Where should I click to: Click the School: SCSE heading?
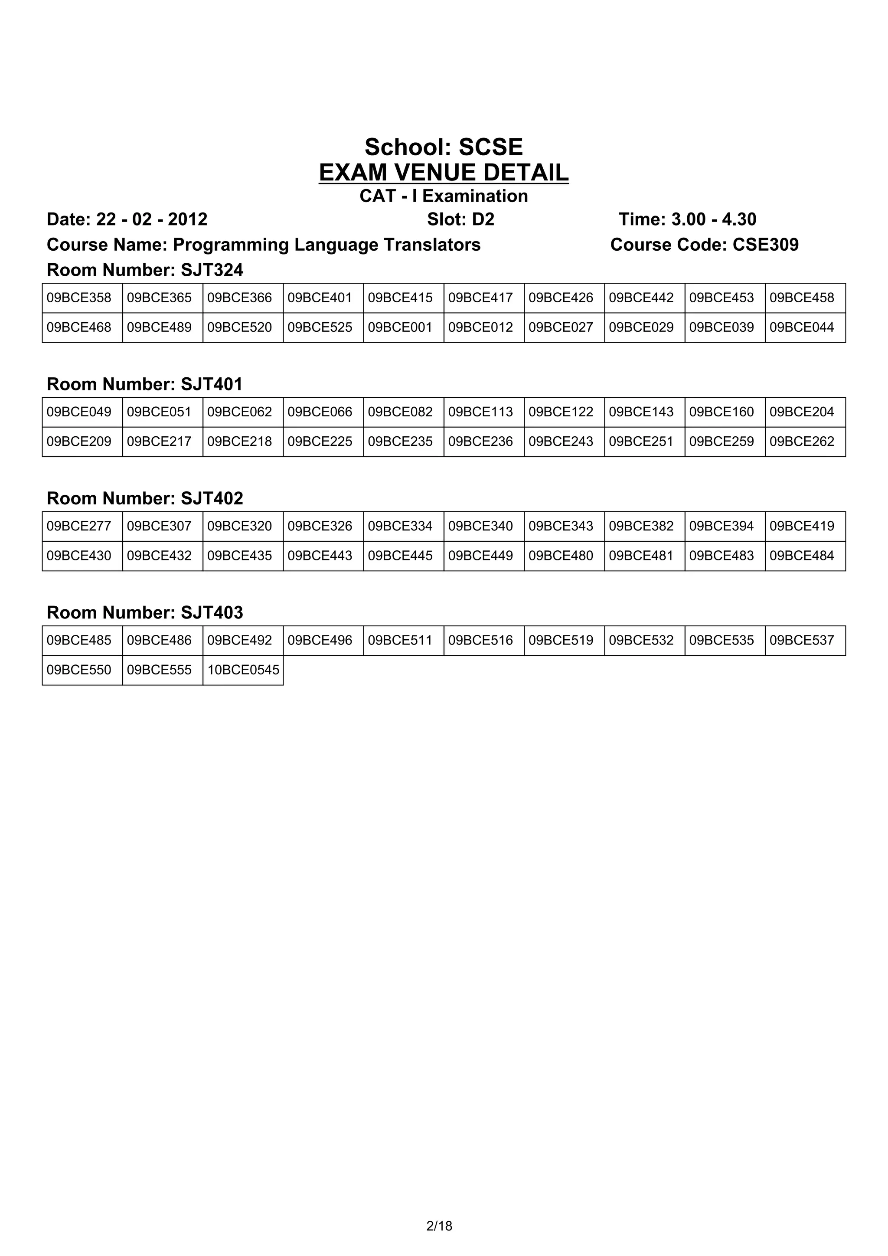444,147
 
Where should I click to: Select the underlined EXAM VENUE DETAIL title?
444,173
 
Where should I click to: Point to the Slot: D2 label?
460,219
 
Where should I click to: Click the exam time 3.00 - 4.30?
714,219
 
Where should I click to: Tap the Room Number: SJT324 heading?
145,270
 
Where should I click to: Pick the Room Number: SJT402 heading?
145,498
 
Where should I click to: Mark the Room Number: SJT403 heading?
145,613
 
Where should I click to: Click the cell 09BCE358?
79,298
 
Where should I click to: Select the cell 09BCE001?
400,328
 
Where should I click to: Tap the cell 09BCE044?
802,328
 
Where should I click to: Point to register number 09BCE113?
480,412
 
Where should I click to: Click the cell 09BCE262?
802,442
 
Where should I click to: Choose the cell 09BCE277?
79,526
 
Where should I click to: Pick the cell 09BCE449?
480,556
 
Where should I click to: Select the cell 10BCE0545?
243,670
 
